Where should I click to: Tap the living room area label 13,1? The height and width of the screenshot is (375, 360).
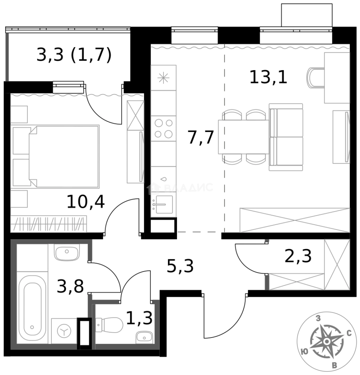[268, 77]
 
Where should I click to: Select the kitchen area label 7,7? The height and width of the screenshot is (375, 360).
[200, 137]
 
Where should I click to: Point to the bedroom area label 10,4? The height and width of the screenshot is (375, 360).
[85, 202]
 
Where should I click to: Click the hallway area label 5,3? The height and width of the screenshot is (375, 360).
[180, 266]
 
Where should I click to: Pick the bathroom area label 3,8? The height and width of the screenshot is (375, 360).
[70, 287]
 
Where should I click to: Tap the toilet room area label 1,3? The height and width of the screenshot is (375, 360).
[139, 318]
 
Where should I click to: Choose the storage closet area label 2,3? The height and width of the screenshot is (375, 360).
[298, 256]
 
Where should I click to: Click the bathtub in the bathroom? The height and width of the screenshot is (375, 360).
[32, 308]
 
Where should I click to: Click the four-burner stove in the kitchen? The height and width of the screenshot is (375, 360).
[164, 128]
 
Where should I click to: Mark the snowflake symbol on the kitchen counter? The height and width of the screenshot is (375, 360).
[163, 78]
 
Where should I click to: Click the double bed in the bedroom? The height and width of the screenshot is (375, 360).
[62, 156]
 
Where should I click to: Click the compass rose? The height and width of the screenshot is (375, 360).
[326, 342]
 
